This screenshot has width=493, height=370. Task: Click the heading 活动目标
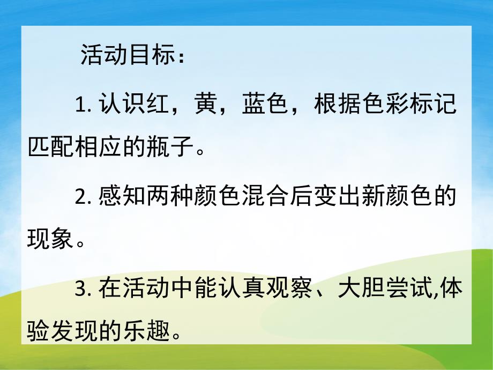(126, 55)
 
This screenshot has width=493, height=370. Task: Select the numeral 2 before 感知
(81, 197)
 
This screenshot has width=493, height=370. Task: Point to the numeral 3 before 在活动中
(81, 290)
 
